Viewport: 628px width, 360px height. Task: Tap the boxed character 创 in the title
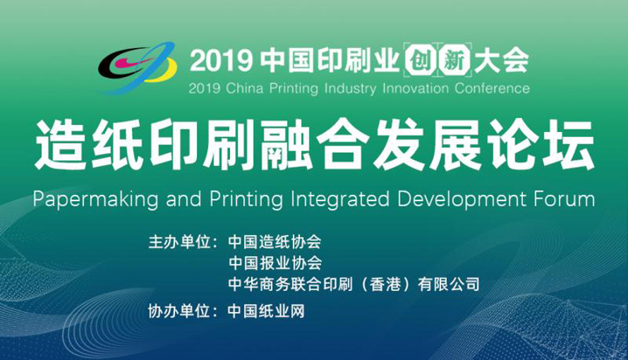click(419, 61)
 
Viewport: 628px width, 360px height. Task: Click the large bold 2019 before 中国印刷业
click(221, 61)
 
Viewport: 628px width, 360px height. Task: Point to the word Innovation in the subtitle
click(416, 88)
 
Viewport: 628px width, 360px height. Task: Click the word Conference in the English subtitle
click(493, 88)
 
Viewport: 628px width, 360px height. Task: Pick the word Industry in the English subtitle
click(350, 88)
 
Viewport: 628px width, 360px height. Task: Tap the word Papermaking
click(96, 200)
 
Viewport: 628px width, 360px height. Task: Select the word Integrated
click(340, 200)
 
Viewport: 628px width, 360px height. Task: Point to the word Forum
click(564, 198)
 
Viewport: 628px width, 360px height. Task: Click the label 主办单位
click(179, 242)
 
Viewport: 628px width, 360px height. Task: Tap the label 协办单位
click(179, 311)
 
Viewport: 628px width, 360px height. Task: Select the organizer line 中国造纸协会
click(274, 242)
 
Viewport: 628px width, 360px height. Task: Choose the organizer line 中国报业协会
click(275, 263)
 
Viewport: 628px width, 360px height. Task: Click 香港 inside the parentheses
click(385, 284)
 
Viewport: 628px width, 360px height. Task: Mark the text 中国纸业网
click(266, 311)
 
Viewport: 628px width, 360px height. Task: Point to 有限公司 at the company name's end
click(449, 284)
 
